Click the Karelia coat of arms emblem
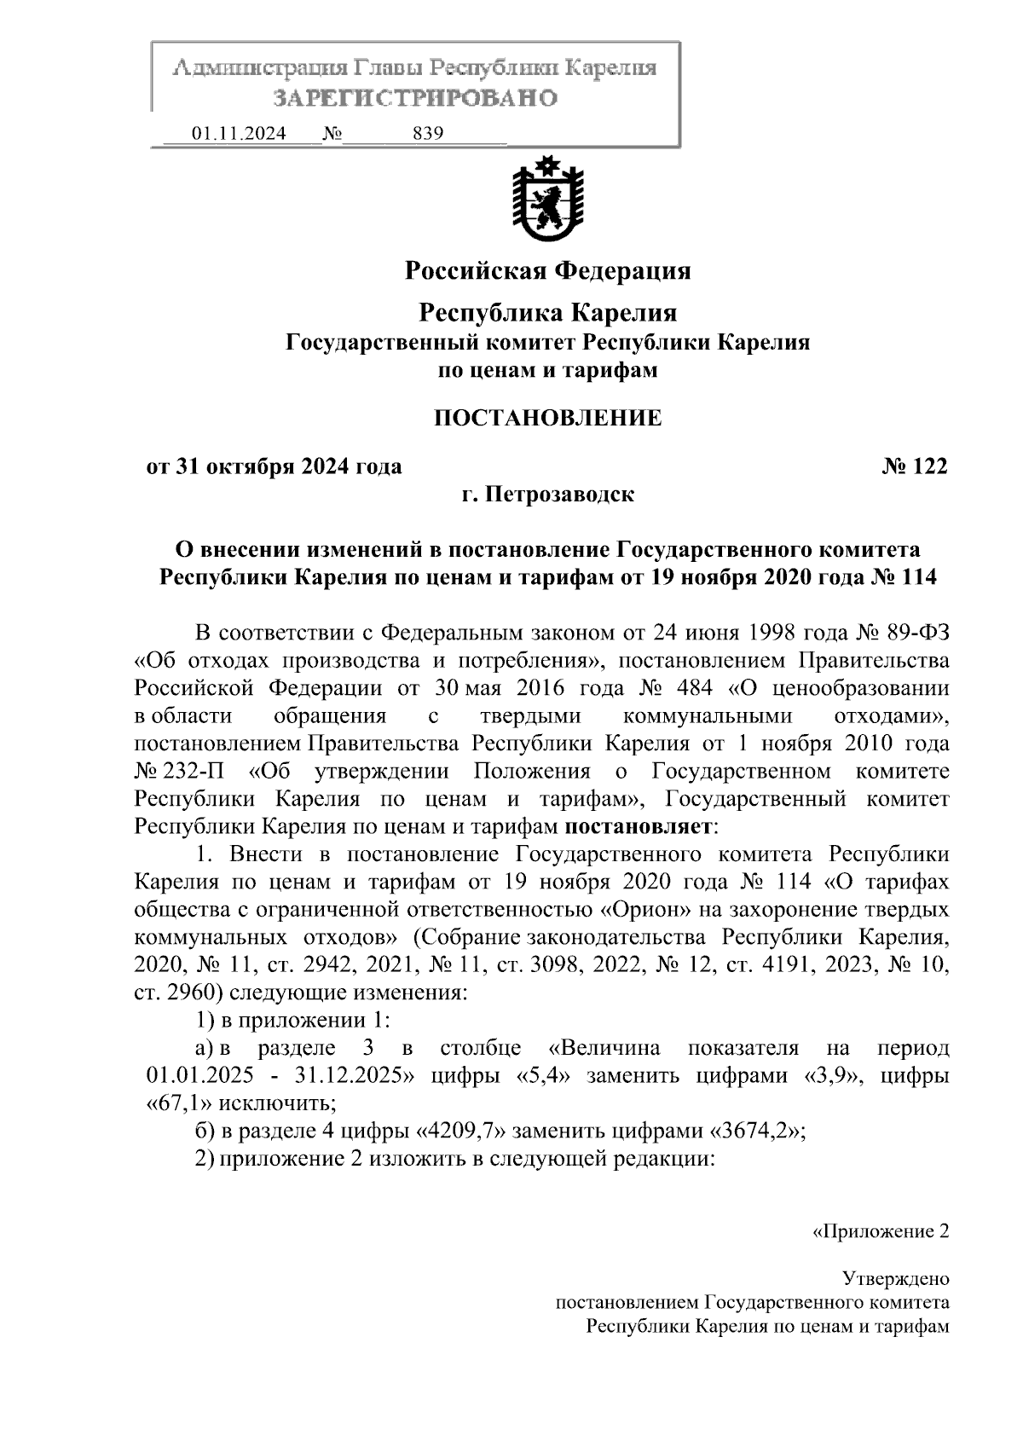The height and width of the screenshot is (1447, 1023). (x=546, y=200)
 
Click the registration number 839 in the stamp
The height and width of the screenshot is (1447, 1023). (x=427, y=134)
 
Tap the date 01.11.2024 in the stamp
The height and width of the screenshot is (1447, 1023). (x=238, y=134)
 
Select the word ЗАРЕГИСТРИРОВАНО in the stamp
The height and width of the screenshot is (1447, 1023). (x=415, y=98)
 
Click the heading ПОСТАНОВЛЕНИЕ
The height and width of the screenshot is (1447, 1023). (x=547, y=418)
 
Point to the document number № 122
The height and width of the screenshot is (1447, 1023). (x=914, y=466)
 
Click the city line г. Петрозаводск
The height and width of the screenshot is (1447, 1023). (x=547, y=494)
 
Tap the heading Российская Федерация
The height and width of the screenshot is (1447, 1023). (x=547, y=271)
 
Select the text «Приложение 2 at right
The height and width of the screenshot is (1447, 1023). (x=878, y=1230)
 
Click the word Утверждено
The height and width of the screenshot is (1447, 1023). (x=894, y=1278)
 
